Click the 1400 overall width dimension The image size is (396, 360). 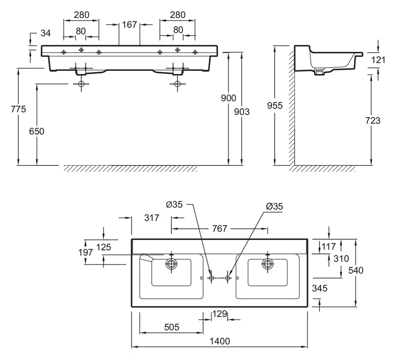pos(219,341)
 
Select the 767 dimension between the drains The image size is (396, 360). pos(219,229)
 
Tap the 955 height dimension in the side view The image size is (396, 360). pos(275,105)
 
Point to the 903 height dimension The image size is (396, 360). pos(242,112)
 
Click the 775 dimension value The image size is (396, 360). pos(18,109)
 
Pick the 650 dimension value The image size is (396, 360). pos(36,131)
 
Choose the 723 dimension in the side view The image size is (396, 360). pos(372,120)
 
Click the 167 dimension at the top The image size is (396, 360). pos(129,25)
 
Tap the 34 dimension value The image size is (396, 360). pos(46,33)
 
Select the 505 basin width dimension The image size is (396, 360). pos(171,327)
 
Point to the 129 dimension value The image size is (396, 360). pos(219,314)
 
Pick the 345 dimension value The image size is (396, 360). pos(320,288)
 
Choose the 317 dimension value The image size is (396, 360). pos(151,218)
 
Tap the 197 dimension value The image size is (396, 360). pos(86,252)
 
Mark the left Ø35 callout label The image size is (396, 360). pos(174,205)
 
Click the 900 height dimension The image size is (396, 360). pos(228,98)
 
